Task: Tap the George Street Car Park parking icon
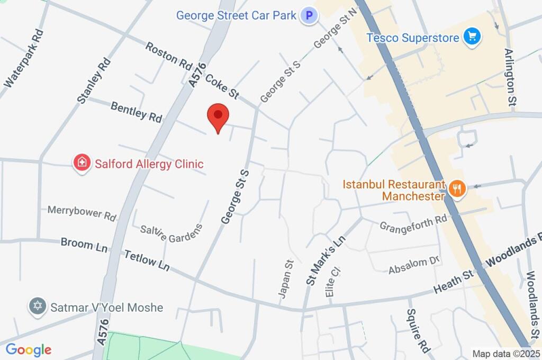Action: [x=309, y=15]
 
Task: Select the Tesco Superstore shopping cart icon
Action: [x=471, y=37]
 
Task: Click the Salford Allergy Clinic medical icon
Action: [x=82, y=163]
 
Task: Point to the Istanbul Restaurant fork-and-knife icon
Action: [x=456, y=189]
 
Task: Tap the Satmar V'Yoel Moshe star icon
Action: [x=37, y=307]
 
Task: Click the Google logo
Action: [x=29, y=349]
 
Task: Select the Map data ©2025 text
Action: [x=505, y=354]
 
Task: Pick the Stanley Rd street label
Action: [x=94, y=79]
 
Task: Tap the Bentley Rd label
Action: [x=136, y=112]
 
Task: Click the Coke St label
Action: [x=222, y=86]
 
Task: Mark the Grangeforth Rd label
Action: [x=413, y=223]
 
